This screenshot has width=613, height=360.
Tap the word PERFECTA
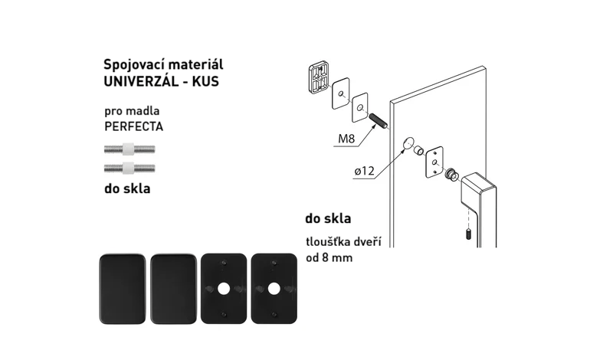(133, 126)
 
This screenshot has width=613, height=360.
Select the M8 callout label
(346, 139)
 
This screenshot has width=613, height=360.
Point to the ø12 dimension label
(365, 171)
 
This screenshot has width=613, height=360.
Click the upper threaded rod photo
(129, 149)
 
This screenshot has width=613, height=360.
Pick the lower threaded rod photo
(129, 169)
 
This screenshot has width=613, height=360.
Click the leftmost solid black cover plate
(123, 289)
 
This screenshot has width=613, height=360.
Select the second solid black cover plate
(173, 289)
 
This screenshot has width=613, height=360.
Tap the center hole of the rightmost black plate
(274, 290)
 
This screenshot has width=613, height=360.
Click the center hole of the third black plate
(224, 290)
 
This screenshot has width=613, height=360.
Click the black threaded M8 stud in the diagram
(378, 120)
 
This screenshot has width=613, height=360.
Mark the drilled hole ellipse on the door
(408, 143)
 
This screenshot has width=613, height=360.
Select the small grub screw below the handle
(468, 234)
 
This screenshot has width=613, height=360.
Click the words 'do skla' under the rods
(127, 188)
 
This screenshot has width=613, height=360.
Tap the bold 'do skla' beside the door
(328, 218)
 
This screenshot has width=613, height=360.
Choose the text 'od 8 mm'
(329, 258)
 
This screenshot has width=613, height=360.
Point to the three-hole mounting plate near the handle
(434, 162)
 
